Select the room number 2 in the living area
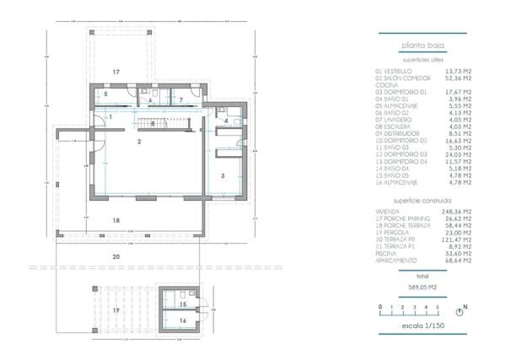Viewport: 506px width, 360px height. tap(139, 142)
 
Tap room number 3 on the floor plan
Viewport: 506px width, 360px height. tap(222, 175)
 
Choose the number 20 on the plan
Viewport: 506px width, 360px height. tap(116, 255)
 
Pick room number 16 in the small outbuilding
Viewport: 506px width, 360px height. tap(182, 320)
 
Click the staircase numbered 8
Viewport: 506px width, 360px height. tap(153, 125)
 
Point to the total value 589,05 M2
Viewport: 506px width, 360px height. tap(423, 287)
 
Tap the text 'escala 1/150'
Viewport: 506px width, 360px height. tap(423, 325)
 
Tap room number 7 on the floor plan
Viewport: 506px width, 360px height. tap(181, 99)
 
